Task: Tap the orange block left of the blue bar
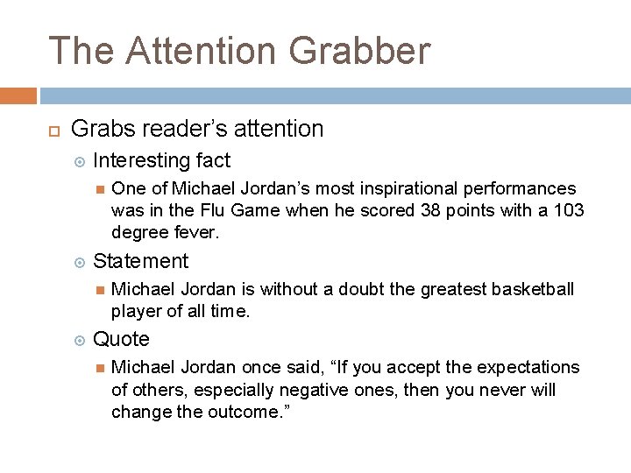pyautogui.click(x=18, y=95)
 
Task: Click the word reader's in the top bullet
pyautogui.click(x=180, y=130)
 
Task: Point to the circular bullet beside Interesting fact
pyautogui.click(x=80, y=161)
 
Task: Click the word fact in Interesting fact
pyautogui.click(x=214, y=161)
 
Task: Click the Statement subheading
pyautogui.click(x=140, y=261)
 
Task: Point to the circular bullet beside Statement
pyautogui.click(x=80, y=262)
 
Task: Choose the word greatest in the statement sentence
pyautogui.click(x=443, y=289)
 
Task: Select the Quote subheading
pyautogui.click(x=121, y=339)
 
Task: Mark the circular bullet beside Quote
pyautogui.click(x=80, y=340)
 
